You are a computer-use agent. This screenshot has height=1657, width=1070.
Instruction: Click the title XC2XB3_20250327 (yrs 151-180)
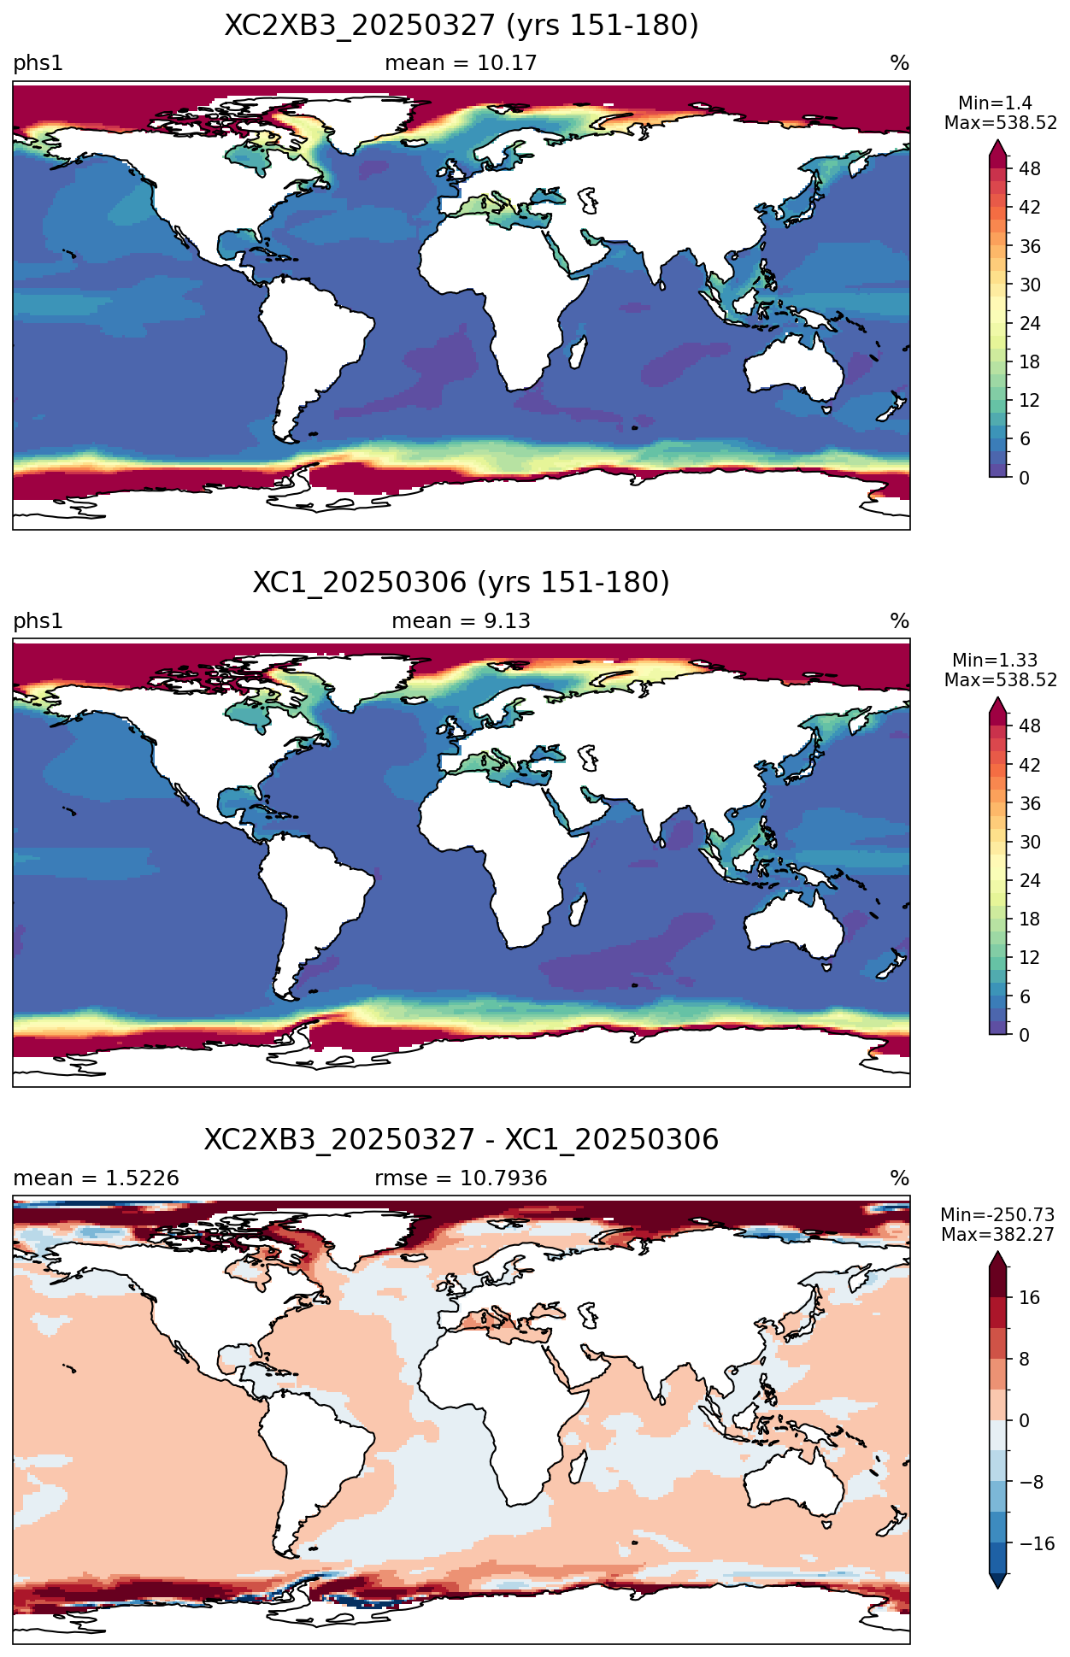tap(462, 26)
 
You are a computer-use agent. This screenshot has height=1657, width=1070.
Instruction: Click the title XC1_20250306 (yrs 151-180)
tap(462, 583)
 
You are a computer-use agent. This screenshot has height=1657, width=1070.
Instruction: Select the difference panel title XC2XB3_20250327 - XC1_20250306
tap(462, 1140)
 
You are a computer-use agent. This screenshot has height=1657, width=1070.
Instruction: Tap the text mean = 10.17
tap(461, 63)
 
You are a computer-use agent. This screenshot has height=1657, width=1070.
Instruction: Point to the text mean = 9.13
tap(461, 621)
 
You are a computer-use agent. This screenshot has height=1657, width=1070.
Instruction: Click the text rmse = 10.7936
tap(461, 1178)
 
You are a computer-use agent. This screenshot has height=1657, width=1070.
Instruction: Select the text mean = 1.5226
tap(96, 1178)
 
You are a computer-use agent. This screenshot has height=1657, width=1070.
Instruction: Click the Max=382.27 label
tap(998, 1235)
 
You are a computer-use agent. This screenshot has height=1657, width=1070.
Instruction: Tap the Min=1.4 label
tap(995, 103)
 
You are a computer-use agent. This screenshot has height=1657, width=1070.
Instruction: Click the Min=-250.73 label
tap(998, 1215)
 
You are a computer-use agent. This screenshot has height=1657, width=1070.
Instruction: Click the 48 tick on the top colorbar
tap(1030, 169)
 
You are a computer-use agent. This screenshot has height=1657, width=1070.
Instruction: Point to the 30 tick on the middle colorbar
tap(1030, 842)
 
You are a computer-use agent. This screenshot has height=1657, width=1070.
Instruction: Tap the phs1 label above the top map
tap(38, 63)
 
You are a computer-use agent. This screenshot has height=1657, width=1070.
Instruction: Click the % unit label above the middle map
tap(899, 621)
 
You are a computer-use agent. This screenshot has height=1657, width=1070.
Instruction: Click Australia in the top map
tap(793, 368)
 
